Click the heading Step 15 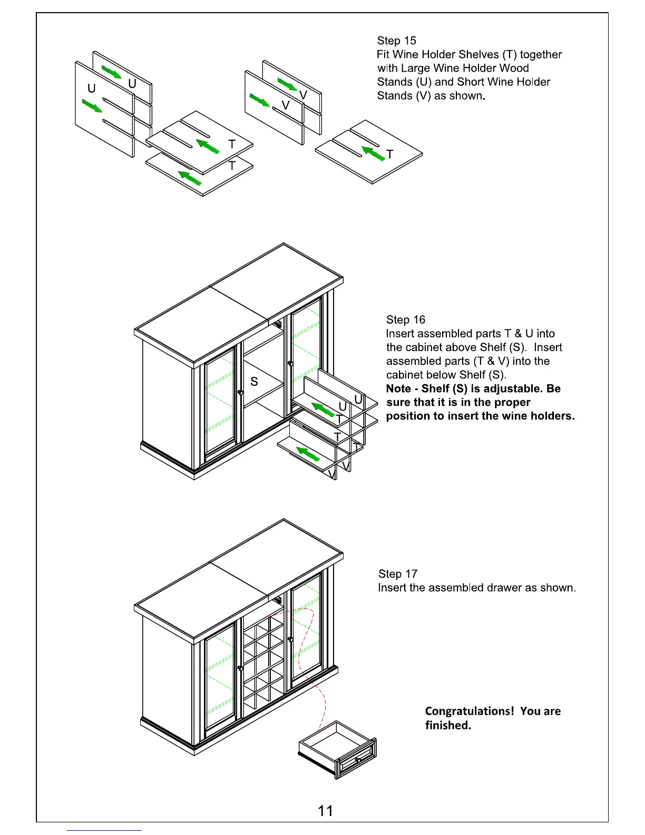[x=396, y=41]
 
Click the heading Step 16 [x=405, y=319]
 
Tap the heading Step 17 [x=397, y=574]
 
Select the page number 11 [x=325, y=811]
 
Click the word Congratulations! [x=469, y=711]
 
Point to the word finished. [x=448, y=725]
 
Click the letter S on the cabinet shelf [x=254, y=382]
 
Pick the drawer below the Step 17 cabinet [x=338, y=749]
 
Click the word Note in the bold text [x=398, y=389]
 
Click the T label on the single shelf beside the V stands [x=390, y=154]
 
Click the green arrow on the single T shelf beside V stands [x=373, y=153]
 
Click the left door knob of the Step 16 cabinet [x=240, y=392]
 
